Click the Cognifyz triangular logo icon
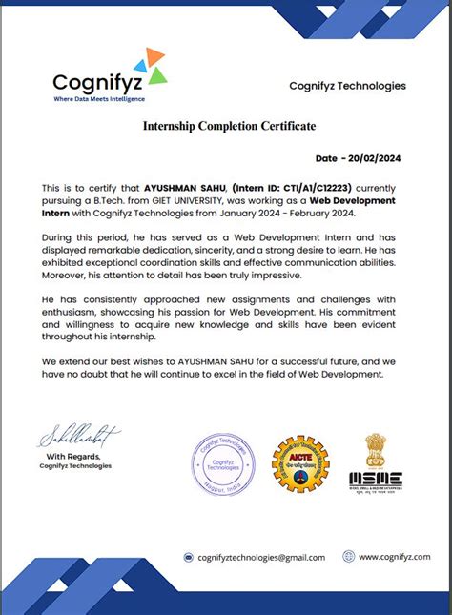(151, 65)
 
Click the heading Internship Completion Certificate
(229, 126)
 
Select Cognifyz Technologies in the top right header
(347, 86)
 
